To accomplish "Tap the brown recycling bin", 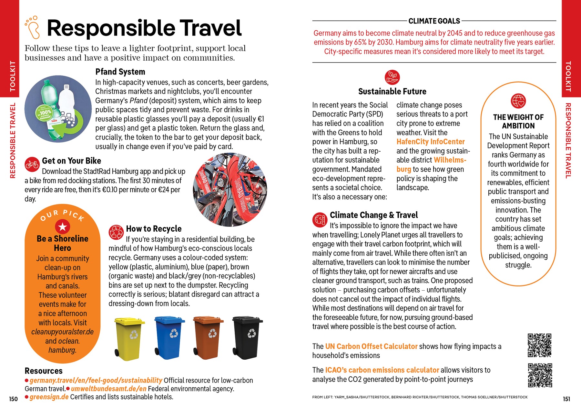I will (x=208, y=337).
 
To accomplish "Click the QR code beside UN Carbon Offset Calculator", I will (x=539, y=345).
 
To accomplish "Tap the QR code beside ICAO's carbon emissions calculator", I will (x=540, y=375).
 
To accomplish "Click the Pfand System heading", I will (x=120, y=72).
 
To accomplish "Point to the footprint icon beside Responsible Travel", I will (x=33, y=27).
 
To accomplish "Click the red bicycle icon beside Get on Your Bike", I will (x=32, y=164).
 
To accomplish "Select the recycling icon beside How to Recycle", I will (x=116, y=232).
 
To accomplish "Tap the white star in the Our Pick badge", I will (x=62, y=227).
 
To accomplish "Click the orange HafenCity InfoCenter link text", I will (x=430, y=142).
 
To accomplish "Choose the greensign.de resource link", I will (x=49, y=397).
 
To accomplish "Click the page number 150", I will (x=13, y=399).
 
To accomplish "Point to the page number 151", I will (x=566, y=399).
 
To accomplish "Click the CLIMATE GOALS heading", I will (x=434, y=21).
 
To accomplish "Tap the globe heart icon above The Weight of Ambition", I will (x=518, y=101).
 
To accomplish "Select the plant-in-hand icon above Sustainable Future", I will (x=392, y=77).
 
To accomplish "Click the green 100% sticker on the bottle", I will (x=44, y=114).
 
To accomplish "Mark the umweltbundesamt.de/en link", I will (x=108, y=389).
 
